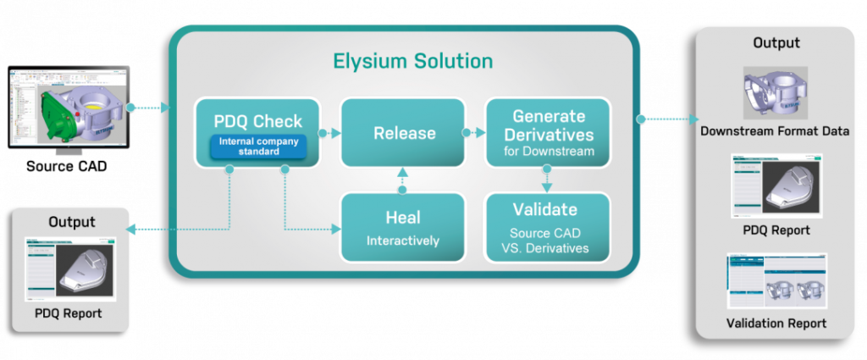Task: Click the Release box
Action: tap(403, 133)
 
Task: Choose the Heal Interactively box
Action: tap(403, 226)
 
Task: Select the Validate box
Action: tap(546, 226)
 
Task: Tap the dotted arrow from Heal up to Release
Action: tap(403, 180)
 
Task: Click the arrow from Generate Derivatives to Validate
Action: tap(546, 180)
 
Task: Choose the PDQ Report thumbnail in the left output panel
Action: tap(70, 269)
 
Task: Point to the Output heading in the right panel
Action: tap(776, 43)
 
